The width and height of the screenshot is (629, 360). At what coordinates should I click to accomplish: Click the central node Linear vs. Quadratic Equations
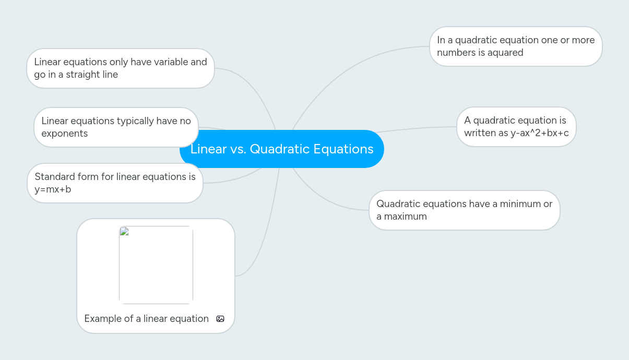pos(282,149)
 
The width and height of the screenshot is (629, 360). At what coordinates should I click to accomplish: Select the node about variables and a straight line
pos(121,68)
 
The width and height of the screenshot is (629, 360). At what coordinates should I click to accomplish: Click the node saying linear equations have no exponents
pos(116,127)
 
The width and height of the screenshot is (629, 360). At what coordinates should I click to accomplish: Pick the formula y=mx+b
pos(53,189)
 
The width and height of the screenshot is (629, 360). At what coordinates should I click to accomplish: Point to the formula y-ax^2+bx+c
pos(540,133)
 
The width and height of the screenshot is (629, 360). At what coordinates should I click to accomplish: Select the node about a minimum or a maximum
pos(464,210)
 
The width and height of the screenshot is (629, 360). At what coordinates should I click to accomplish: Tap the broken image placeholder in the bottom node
pos(156,265)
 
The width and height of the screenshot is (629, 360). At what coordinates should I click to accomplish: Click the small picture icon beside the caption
pos(220,319)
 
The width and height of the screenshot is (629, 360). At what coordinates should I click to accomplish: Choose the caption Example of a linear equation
pos(146,319)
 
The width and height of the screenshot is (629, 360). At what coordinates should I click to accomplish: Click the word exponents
pos(65,134)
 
